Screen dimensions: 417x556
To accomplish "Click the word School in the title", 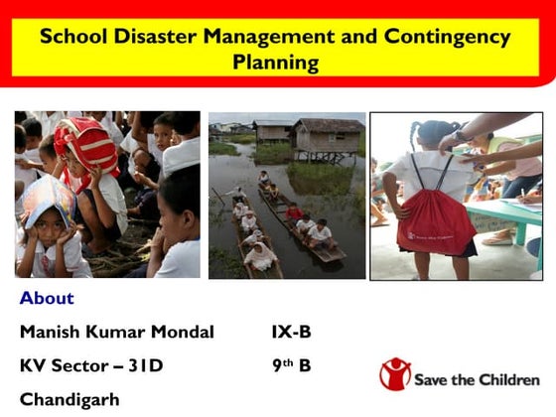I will (72, 38).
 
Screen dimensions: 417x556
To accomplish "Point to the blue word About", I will (47, 298).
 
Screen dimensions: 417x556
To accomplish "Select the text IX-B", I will (291, 332).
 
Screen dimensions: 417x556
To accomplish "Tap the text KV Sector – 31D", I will (91, 365).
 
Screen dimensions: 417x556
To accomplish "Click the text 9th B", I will (291, 365).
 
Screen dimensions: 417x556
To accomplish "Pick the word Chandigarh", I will (69, 399).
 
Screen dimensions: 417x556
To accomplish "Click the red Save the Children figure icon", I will (394, 374).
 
